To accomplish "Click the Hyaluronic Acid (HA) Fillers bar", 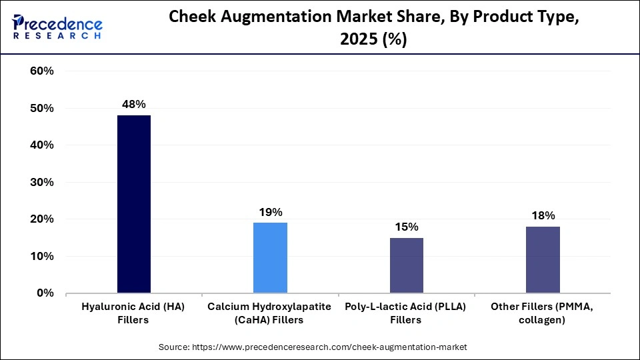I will (x=133, y=204).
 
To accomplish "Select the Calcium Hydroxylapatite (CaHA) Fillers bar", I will (x=270, y=257).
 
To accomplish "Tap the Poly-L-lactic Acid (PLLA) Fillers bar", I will (x=406, y=265).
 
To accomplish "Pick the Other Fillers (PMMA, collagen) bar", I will (x=543, y=259).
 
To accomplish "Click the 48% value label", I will (x=133, y=104).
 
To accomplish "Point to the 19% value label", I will (x=270, y=212).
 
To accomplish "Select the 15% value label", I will (x=406, y=227).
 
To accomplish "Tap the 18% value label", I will (x=543, y=215).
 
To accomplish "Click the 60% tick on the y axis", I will (x=41, y=71).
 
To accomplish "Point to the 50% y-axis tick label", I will (x=41, y=108).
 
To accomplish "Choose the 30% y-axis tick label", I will (x=41, y=182).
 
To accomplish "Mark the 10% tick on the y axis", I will (x=41, y=256).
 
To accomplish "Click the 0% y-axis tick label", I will (x=45, y=293).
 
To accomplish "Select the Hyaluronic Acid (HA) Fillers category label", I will (x=133, y=313).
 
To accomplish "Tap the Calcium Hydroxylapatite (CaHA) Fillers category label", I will (x=270, y=313).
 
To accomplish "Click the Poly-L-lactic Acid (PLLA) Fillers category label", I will (x=406, y=313).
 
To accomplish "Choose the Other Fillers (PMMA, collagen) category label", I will (x=543, y=313).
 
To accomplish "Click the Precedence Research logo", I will (x=57, y=27).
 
